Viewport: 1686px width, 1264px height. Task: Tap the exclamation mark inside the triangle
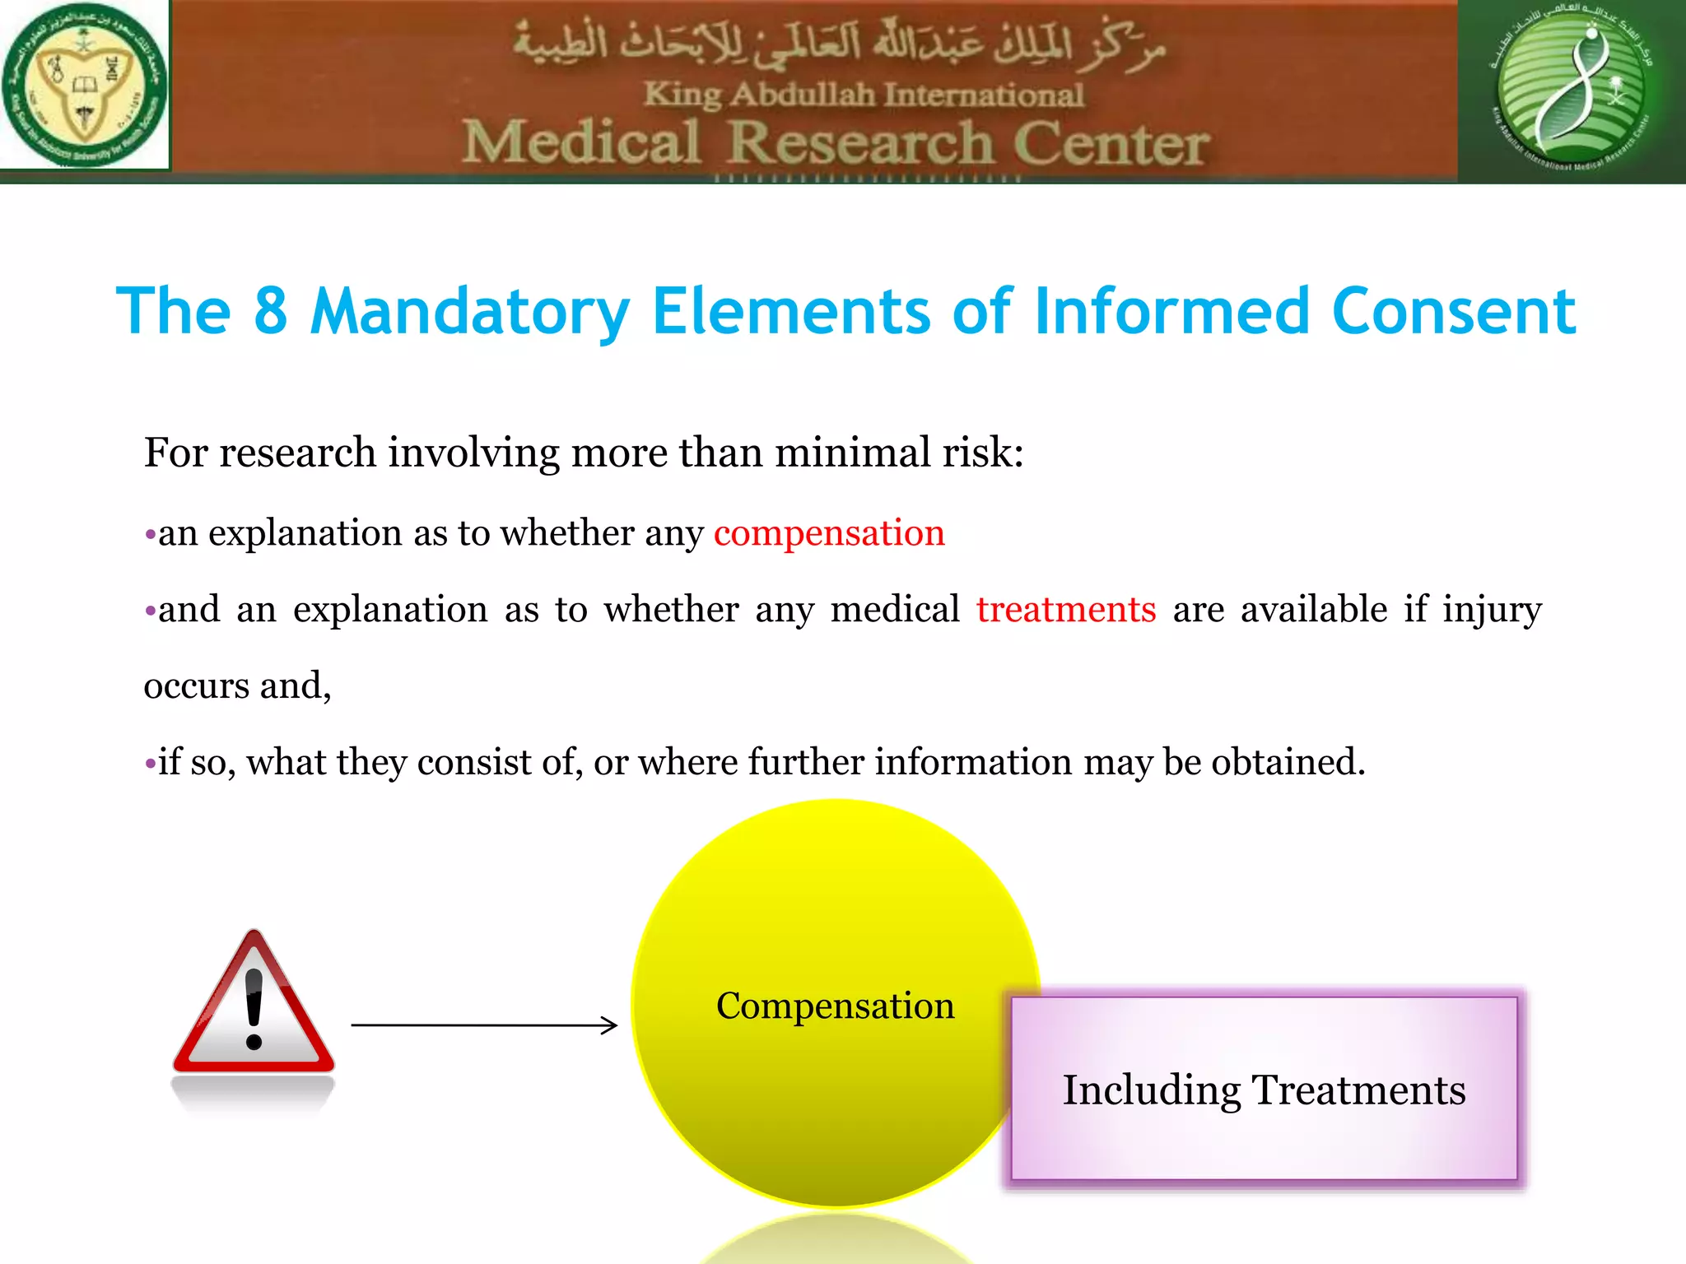coord(254,1008)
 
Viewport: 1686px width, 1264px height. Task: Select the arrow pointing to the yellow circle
coord(484,1025)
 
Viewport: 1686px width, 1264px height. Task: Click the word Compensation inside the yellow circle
coord(835,1006)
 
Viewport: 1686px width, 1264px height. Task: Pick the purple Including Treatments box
coord(1264,1089)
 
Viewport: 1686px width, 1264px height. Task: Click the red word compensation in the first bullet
coord(829,533)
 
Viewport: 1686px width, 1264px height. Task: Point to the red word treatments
coord(1066,610)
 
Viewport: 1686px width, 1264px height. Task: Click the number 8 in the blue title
coord(271,311)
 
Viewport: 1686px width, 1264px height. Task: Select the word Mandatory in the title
coord(470,311)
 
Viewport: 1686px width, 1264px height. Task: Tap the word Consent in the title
coord(1453,311)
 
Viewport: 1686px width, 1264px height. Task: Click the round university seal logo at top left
coord(84,85)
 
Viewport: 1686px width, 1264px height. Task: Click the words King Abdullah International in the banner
coord(863,95)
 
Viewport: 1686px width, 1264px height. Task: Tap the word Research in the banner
coord(861,142)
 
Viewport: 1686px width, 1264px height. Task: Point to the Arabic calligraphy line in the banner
coord(840,45)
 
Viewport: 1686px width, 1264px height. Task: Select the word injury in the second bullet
coord(1492,610)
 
